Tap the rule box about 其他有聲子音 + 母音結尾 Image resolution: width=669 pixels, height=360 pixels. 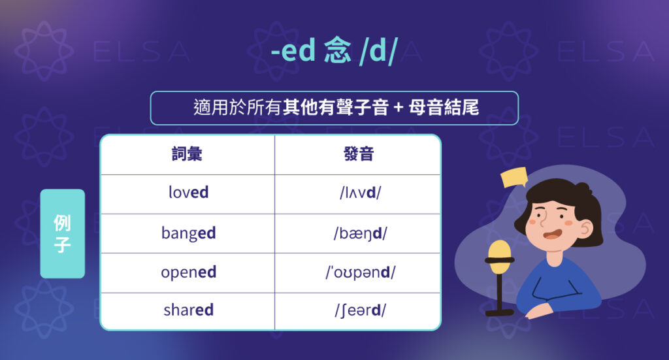tap(334, 108)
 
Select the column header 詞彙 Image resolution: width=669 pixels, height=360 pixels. tap(187, 154)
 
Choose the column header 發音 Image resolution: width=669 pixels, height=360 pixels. tap(358, 154)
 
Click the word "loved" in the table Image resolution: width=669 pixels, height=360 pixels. tap(188, 193)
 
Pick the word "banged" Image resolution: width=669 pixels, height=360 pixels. tap(188, 233)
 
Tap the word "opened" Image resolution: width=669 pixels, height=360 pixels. tap(188, 272)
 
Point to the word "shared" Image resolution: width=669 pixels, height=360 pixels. tap(188, 310)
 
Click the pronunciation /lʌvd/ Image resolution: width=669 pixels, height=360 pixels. tap(358, 193)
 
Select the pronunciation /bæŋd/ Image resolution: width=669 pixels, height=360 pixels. tap(358, 233)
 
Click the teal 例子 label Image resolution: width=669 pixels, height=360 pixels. tap(63, 233)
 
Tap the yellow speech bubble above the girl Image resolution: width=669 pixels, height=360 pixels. tap(514, 176)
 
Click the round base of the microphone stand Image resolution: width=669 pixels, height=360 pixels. tap(500, 312)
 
